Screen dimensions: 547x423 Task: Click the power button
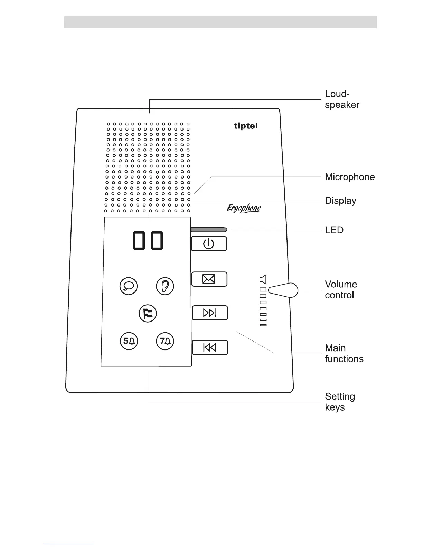tap(209, 244)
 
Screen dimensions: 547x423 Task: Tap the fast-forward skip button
tap(209, 313)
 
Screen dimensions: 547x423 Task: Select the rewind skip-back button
tap(209, 347)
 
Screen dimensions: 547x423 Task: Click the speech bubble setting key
tap(128, 286)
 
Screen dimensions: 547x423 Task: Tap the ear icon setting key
tap(165, 286)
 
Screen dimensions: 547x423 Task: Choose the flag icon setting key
tap(148, 314)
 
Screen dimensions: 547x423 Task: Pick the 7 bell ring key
tap(165, 341)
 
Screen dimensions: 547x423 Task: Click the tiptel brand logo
tap(245, 126)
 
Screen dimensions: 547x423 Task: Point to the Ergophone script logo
tap(244, 208)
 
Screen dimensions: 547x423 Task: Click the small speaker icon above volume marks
tap(263, 279)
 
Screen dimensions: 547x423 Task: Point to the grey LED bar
tap(209, 229)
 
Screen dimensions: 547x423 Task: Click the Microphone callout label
tap(350, 177)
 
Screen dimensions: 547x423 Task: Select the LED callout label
tap(334, 230)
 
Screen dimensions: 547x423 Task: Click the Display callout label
tap(340, 201)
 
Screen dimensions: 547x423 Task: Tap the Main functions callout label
tap(344, 353)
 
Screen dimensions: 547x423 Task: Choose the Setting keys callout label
tap(340, 402)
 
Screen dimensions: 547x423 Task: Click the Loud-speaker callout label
tap(342, 99)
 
